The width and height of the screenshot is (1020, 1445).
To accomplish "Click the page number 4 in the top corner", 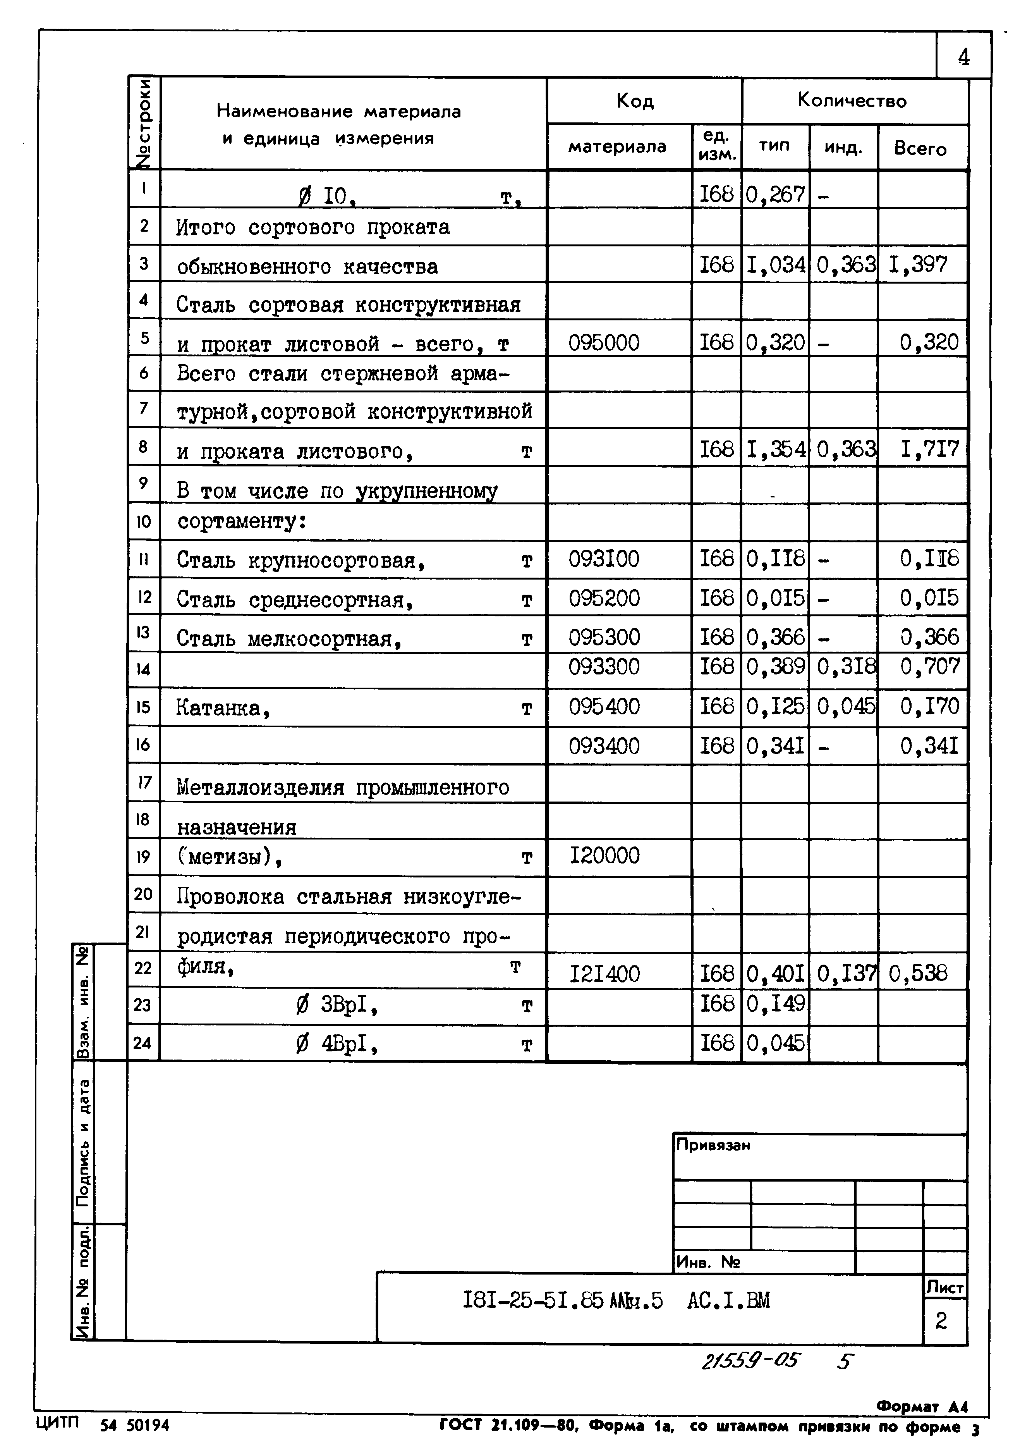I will [963, 58].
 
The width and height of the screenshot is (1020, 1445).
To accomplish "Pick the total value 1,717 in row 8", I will [929, 449].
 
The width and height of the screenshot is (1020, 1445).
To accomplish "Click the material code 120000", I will [604, 856].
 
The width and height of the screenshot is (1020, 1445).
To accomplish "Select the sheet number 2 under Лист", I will [941, 1320].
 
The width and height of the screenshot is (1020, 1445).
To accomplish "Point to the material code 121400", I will [604, 975].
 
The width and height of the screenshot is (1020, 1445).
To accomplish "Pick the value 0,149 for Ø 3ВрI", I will [775, 1003].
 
